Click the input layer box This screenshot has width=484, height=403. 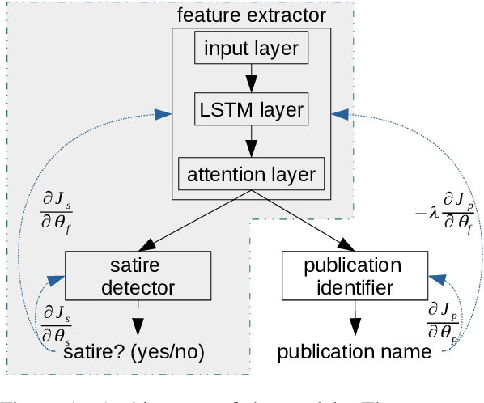tap(251, 49)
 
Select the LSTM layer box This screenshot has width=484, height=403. tap(251, 110)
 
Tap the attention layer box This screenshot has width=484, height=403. tap(251, 173)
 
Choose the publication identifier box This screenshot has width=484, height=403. tap(352, 275)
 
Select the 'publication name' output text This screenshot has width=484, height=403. tap(355, 352)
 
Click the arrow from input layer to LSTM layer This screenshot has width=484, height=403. tap(251, 79)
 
